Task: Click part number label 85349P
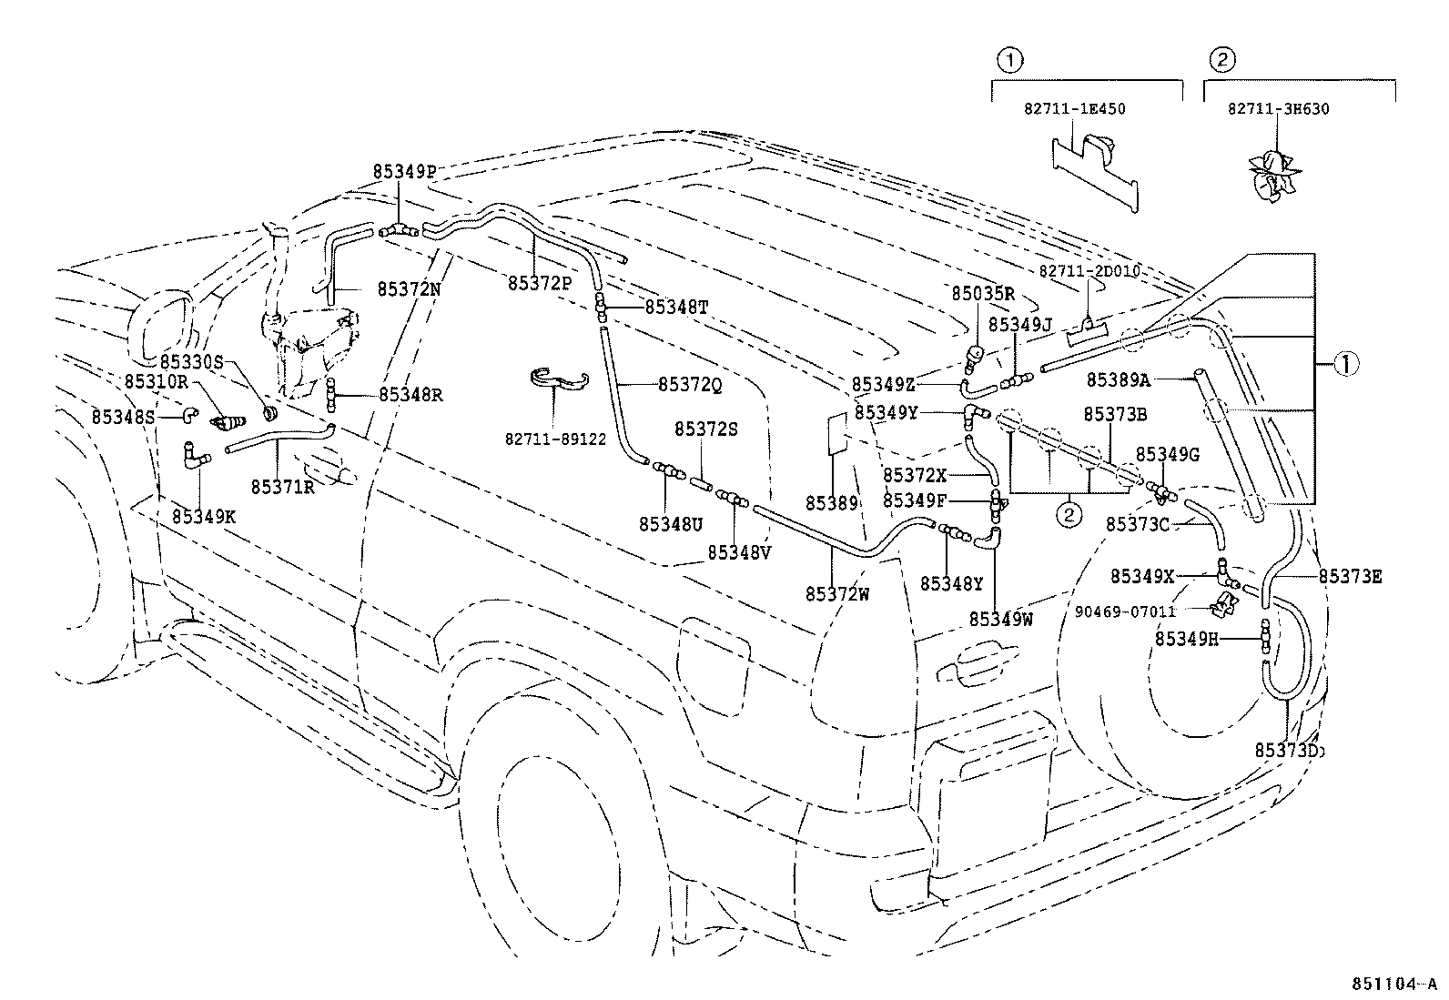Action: tap(404, 171)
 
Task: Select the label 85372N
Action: tap(409, 289)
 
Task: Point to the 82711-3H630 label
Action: tap(1278, 108)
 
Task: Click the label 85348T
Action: tap(676, 308)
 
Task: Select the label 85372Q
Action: tap(690, 385)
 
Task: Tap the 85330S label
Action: tap(192, 361)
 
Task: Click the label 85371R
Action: tap(282, 487)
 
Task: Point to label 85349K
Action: tap(204, 516)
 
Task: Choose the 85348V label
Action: tap(739, 552)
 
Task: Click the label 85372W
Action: tap(836, 594)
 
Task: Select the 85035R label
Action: tap(982, 293)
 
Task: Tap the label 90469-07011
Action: tap(1125, 611)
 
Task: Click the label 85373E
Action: tap(1350, 576)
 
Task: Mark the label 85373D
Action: tap(1287, 750)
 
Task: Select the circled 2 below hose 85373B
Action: tap(1068, 515)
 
